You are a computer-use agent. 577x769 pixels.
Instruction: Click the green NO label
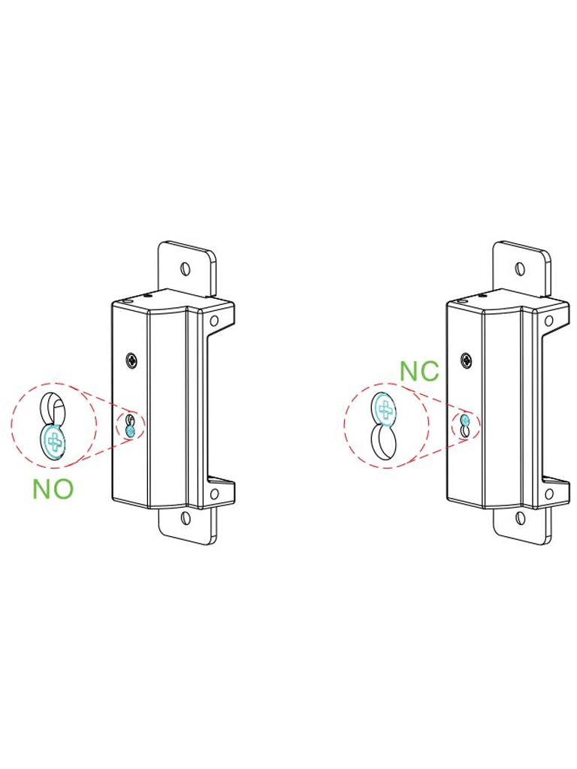point(53,489)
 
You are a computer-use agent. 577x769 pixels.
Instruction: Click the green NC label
point(419,371)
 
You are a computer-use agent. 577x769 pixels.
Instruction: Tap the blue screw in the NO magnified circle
point(54,441)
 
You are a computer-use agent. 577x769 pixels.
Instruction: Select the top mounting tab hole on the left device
point(185,268)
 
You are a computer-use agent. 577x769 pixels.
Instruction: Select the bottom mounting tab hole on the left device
point(186,517)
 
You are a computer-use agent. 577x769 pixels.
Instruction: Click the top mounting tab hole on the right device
point(520,269)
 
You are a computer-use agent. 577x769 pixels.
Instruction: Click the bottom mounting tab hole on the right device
point(520,517)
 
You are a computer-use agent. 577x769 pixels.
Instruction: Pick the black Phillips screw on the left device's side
point(132,360)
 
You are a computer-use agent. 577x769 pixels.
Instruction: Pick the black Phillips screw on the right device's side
point(467,360)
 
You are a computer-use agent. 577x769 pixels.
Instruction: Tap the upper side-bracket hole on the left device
point(214,321)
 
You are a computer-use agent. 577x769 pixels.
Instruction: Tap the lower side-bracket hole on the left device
point(214,493)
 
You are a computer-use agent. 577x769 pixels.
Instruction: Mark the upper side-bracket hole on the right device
point(549,321)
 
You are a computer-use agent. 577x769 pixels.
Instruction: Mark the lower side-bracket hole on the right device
point(549,493)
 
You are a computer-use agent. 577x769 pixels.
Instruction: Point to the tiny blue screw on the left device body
point(131,432)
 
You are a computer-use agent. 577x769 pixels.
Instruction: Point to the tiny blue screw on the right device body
point(466,420)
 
